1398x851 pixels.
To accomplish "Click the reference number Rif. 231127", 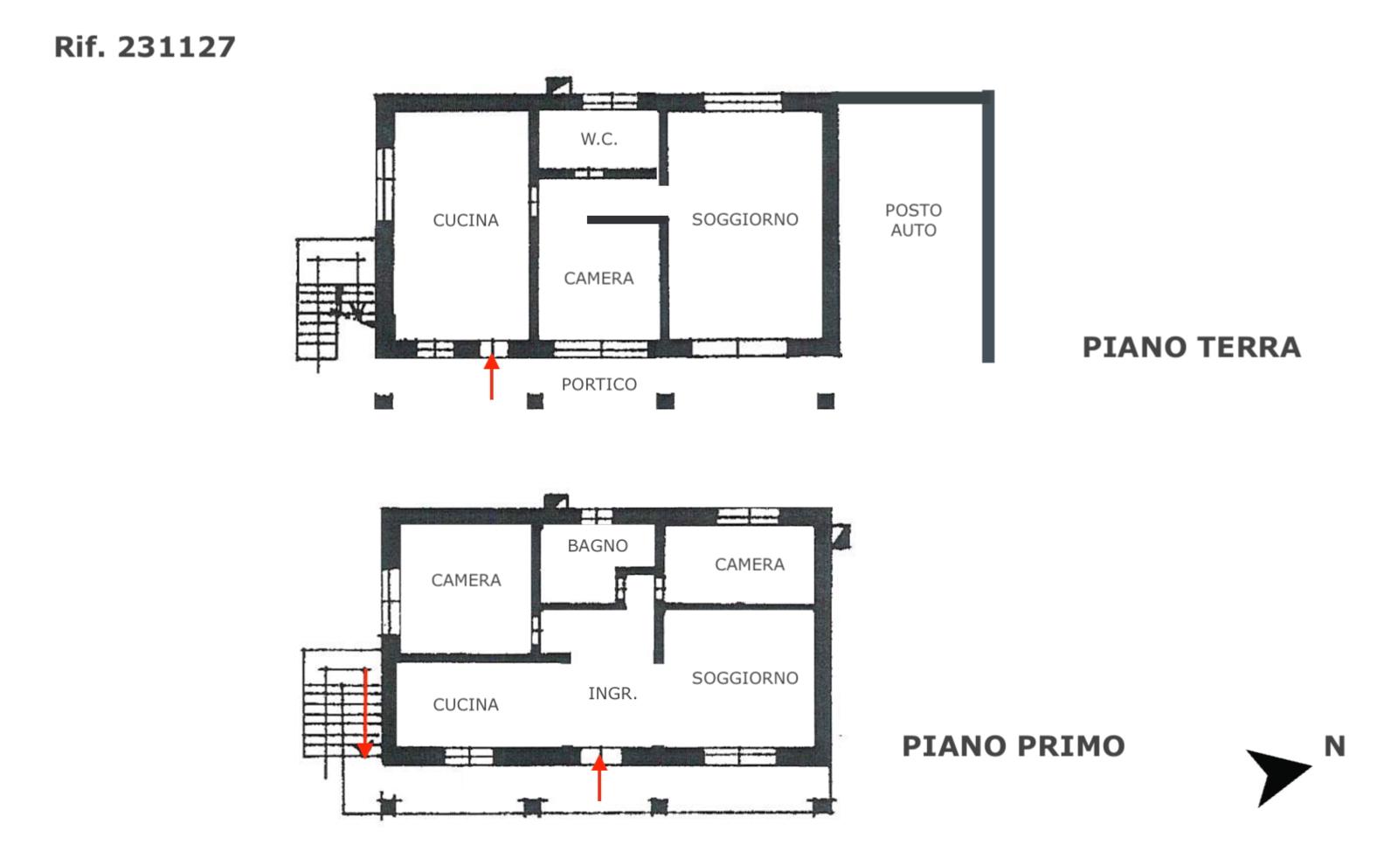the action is (x=145, y=47).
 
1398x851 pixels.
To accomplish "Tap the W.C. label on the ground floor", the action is (x=599, y=139).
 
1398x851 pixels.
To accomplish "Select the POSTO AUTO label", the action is (x=914, y=220).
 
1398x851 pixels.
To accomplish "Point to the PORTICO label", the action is (x=599, y=384).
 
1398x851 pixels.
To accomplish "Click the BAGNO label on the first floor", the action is (x=598, y=546).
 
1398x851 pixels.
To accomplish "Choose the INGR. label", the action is (x=612, y=693).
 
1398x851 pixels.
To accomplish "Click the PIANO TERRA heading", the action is (x=1192, y=348).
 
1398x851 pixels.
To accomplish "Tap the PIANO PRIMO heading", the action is (x=1014, y=746).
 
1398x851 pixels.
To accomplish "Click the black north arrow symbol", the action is (x=1277, y=776).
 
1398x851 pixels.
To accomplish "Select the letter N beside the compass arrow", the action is (x=1335, y=746).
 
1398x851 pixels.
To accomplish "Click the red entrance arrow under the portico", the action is (x=492, y=377).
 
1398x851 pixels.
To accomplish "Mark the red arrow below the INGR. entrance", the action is (x=599, y=778).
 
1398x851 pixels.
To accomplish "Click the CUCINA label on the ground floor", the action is (x=466, y=220).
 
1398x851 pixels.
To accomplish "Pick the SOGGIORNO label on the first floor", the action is (x=745, y=678).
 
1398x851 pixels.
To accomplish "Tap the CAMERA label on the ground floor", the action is (x=599, y=278).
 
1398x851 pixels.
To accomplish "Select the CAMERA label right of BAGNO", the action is (x=750, y=564).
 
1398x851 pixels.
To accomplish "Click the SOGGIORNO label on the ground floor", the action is (x=745, y=219).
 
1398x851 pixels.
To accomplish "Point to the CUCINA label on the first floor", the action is (x=466, y=705).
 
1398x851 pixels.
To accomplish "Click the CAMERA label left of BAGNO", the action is (x=467, y=580).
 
